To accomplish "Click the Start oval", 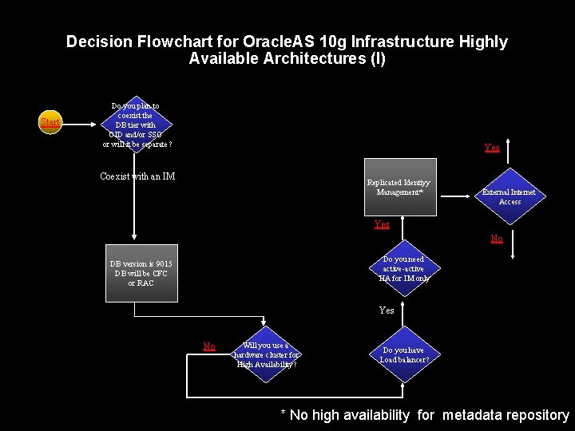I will click(50, 123).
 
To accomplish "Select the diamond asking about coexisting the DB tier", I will click(135, 125).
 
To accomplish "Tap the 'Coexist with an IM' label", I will click(137, 176).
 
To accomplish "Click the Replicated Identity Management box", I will click(399, 192).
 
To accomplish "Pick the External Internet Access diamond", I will click(509, 196).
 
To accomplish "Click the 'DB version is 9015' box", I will click(141, 274).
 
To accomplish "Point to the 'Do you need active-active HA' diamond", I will click(403, 269).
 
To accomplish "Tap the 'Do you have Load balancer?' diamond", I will click(403, 354).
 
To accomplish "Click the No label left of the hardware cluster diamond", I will click(209, 346).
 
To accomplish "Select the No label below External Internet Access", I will click(496, 238).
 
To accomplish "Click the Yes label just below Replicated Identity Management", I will click(382, 224).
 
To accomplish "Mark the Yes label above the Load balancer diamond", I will click(387, 310).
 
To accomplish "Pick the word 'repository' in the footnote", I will click(542, 414).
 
